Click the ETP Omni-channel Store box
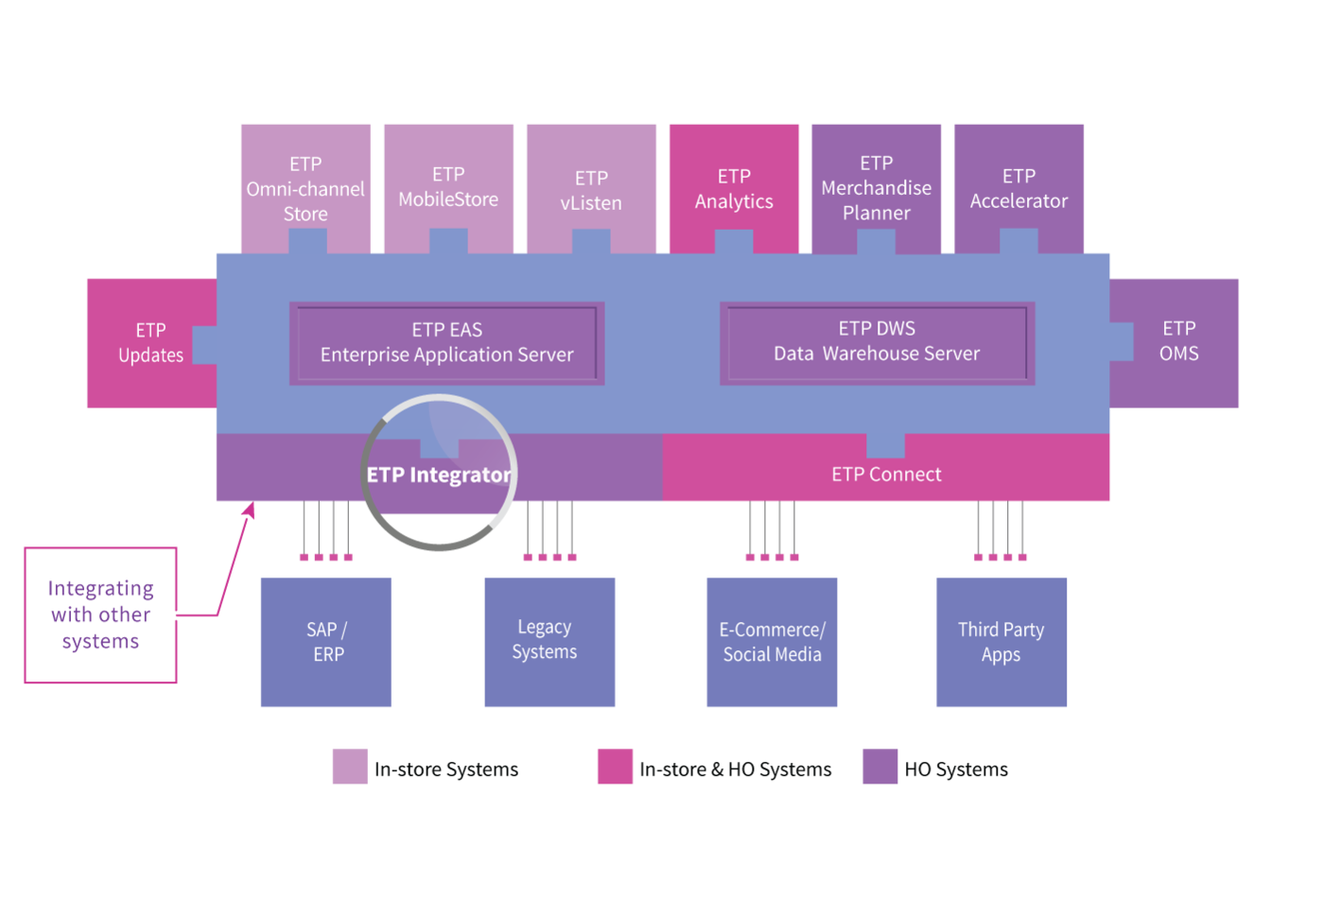[x=305, y=188]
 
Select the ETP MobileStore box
[x=448, y=188]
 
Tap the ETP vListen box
[x=591, y=188]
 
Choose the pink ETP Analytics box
[x=734, y=188]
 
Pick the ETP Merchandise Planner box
[x=877, y=188]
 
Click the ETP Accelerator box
[x=1019, y=188]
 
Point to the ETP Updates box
[x=151, y=342]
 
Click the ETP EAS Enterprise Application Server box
[x=446, y=343]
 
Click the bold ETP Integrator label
[x=439, y=475]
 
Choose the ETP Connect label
[x=886, y=474]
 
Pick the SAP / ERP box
[x=326, y=642]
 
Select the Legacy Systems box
[x=549, y=642]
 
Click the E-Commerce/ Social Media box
[x=772, y=642]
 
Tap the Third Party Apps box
[x=1002, y=642]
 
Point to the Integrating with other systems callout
[x=100, y=615]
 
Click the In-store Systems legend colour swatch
[x=350, y=767]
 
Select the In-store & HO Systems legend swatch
[x=615, y=767]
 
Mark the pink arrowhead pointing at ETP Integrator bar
[x=251, y=509]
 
